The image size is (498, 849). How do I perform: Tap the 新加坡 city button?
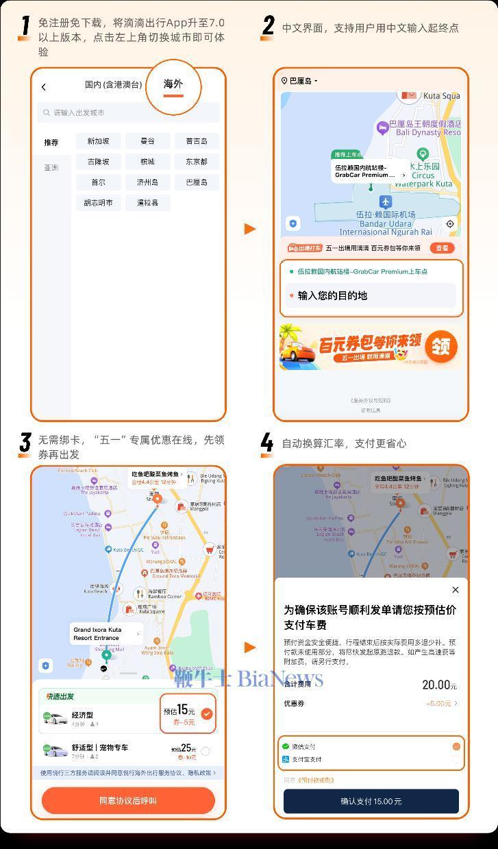pos(98,141)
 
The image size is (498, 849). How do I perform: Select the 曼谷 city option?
pos(147,141)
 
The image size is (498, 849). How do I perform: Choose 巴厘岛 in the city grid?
pos(197,182)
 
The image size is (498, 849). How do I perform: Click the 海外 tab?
pos(173,84)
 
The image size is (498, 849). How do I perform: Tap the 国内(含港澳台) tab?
pos(113,85)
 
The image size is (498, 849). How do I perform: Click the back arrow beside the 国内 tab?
pos(44,86)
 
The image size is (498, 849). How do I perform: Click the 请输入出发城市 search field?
pos(129,112)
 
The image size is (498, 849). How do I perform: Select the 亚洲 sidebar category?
pos(51,168)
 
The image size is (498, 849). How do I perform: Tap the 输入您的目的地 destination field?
pos(371,295)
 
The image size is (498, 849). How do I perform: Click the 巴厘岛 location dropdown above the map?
pos(300,81)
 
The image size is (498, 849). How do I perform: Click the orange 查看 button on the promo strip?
pos(443,248)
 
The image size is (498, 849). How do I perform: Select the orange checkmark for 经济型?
pos(207,714)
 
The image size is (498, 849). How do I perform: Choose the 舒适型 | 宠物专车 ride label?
pos(100,748)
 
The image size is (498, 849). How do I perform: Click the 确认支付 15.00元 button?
pos(371,801)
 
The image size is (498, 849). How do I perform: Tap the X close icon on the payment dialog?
pos(456,590)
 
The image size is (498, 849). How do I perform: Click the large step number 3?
pos(25,443)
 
